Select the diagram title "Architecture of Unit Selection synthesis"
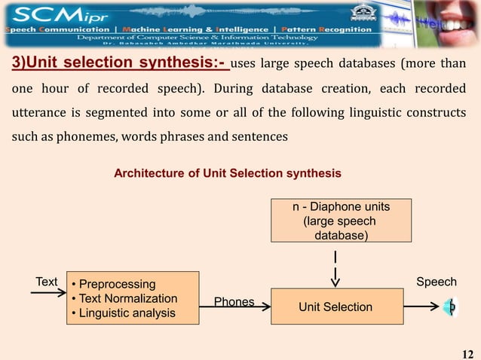tap(227, 173)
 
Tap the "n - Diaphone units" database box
tap(342, 220)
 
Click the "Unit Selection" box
tap(335, 307)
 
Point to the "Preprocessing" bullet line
tap(117, 285)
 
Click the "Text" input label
tap(47, 282)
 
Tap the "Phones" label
tap(234, 302)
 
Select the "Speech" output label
tap(437, 282)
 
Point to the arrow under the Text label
tap(48, 294)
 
